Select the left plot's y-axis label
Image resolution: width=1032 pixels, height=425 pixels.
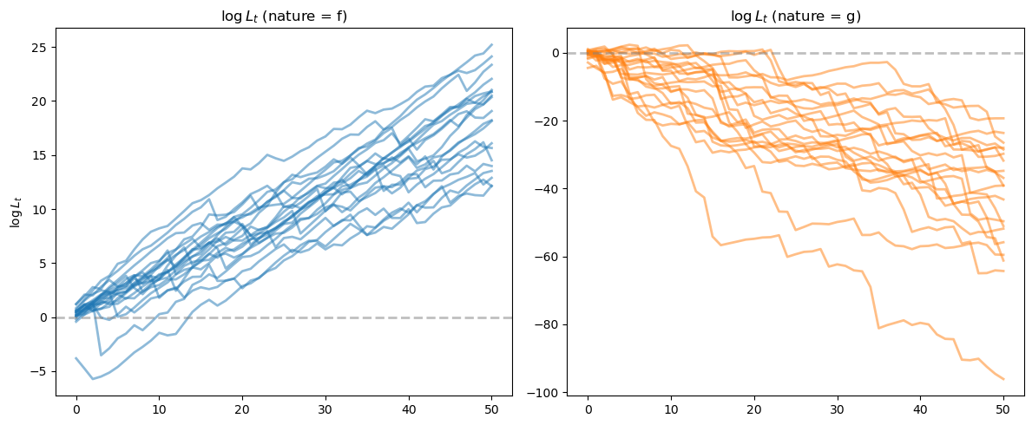click(x=16, y=212)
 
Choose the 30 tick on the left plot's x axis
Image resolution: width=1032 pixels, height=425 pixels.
click(x=325, y=409)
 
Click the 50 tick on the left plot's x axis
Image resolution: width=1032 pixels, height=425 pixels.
click(x=491, y=409)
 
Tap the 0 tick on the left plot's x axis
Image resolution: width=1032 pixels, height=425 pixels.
click(x=76, y=409)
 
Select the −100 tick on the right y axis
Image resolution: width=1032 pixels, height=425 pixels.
click(x=545, y=393)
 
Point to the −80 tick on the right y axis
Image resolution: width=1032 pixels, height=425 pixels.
click(x=549, y=325)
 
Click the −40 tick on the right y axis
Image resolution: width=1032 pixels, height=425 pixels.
click(x=549, y=189)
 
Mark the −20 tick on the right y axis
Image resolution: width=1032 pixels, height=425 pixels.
click(x=549, y=121)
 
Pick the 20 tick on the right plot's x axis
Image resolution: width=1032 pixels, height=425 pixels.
click(x=754, y=409)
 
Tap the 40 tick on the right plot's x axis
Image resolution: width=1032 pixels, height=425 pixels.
click(x=920, y=409)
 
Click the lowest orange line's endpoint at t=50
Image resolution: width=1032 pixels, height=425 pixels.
click(x=1003, y=379)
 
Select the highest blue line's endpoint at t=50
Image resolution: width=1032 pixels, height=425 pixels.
click(x=491, y=45)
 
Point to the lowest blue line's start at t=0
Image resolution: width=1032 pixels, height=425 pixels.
click(x=76, y=358)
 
